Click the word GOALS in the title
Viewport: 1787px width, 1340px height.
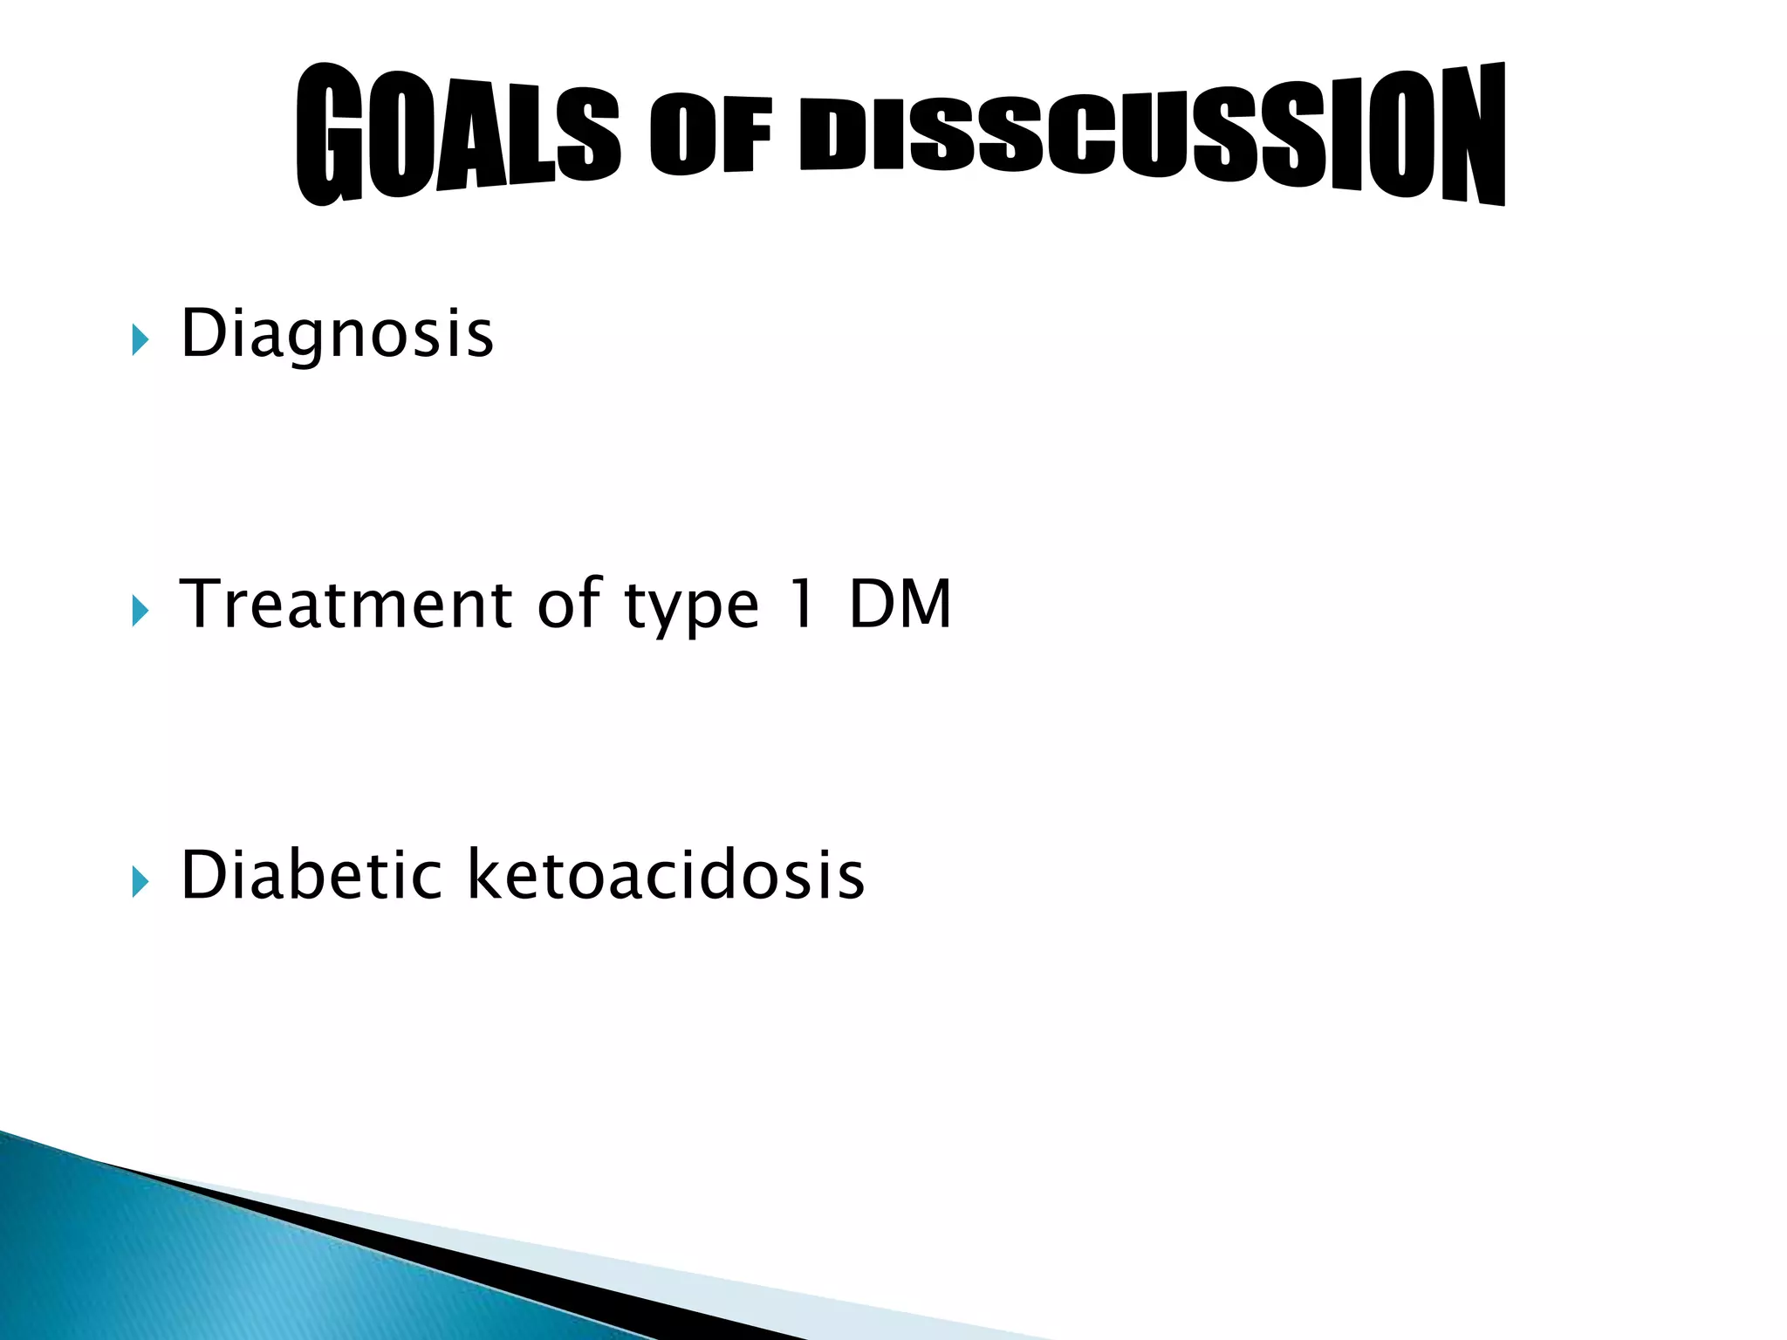(x=457, y=136)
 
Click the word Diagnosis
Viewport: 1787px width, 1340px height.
(x=337, y=334)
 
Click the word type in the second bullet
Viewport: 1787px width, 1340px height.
(x=692, y=607)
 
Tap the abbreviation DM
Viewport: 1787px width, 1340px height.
(x=900, y=604)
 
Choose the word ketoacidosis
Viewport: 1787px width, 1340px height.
(x=666, y=874)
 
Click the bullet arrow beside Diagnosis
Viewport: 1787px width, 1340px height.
(x=140, y=340)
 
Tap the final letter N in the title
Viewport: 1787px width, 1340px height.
(x=1473, y=134)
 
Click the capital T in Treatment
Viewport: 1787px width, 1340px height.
(x=202, y=604)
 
